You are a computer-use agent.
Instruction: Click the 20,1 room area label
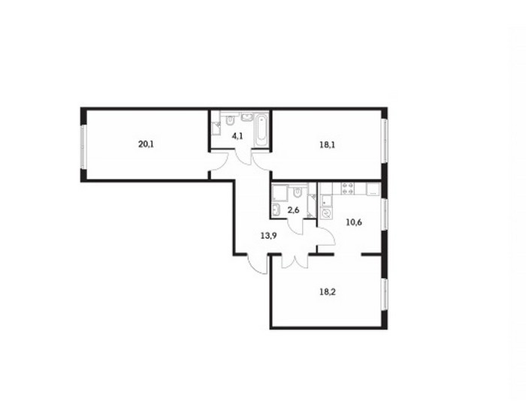point(146,145)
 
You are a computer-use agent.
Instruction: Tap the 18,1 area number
point(328,145)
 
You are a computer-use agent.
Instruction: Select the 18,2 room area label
point(328,291)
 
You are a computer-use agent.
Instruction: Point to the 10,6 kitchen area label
point(354,222)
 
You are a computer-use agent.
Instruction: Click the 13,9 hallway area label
point(269,235)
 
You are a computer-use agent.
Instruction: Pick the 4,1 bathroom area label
point(237,136)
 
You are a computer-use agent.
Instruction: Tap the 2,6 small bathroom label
point(293,210)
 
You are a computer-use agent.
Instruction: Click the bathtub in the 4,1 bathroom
point(261,130)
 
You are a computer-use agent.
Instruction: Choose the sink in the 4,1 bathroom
point(247,116)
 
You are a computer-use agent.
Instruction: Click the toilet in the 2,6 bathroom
point(297,192)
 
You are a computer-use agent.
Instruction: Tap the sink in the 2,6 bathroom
point(277,210)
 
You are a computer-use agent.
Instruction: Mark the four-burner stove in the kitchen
point(347,188)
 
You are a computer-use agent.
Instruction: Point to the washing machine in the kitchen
point(325,213)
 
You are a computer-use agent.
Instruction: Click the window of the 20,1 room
point(83,147)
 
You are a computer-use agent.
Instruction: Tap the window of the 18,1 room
point(385,141)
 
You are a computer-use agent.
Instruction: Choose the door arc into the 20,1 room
point(219,160)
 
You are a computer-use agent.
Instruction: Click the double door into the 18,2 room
point(295,261)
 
